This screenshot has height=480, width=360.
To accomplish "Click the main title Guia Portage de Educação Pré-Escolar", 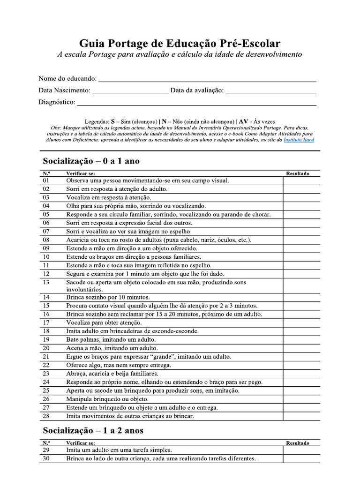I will (180, 44).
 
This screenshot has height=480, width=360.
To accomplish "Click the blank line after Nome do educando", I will (207, 79).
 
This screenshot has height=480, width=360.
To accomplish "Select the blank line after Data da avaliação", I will (270, 91).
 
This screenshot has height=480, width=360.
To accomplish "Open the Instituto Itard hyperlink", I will (299, 140).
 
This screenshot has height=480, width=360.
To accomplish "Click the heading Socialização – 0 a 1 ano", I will (91, 161).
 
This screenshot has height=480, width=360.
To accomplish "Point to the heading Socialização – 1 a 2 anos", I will (93, 430).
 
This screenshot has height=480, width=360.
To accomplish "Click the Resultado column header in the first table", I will (298, 173).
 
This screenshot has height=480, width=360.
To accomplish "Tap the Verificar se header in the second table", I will (81, 442).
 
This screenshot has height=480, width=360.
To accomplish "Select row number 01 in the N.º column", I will (46, 180).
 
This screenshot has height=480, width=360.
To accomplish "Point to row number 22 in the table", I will (46, 365).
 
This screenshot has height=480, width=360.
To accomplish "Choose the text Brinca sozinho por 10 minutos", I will (108, 297).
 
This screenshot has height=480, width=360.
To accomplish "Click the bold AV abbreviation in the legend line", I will (244, 120).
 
